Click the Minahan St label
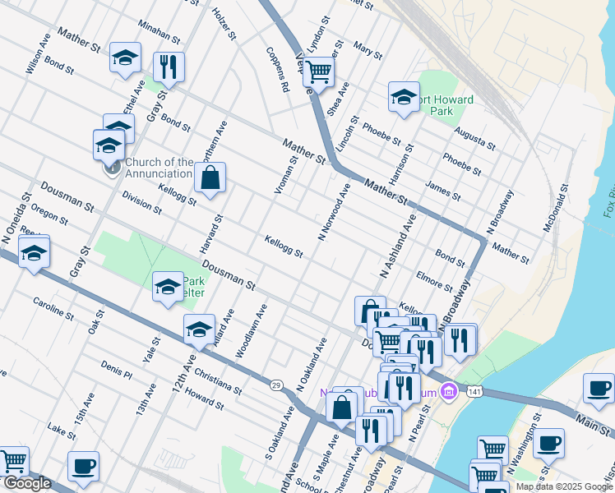(159, 31)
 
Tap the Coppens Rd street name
(277, 68)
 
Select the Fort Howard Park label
(445, 105)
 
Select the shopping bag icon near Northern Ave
(210, 177)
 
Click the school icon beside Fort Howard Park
(404, 96)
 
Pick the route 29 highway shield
(276, 384)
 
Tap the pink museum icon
(447, 389)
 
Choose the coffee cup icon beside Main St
(599, 387)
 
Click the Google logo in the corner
(27, 483)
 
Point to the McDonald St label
(557, 208)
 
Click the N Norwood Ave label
(335, 212)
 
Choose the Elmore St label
(435, 281)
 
